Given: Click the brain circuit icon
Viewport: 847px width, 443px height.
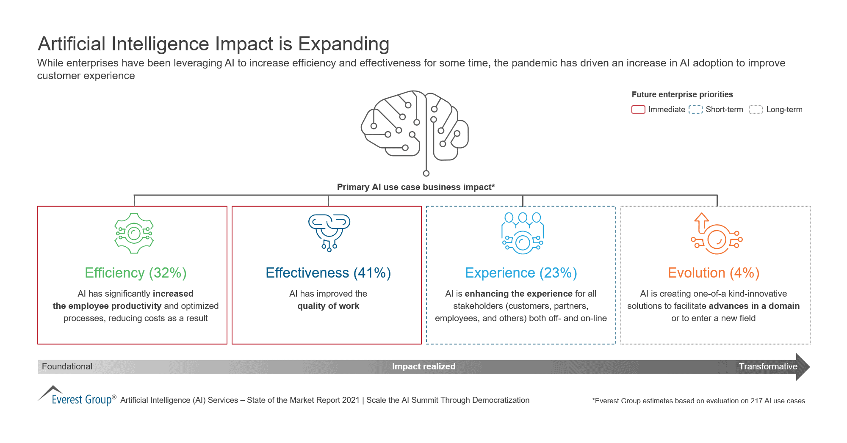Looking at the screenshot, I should (415, 129).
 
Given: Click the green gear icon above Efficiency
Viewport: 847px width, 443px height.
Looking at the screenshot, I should (134, 233).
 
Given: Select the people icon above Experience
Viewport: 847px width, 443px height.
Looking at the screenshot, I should (523, 233).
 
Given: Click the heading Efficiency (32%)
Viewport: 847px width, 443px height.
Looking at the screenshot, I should (136, 273).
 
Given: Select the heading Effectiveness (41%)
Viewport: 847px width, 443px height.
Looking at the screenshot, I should (328, 273).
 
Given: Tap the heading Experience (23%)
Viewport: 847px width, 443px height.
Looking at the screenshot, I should (521, 273).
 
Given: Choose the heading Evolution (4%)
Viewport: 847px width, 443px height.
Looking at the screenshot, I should (714, 273).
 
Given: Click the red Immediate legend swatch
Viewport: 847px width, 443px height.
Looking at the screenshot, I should (638, 110).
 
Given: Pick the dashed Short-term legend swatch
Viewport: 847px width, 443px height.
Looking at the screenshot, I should (695, 110).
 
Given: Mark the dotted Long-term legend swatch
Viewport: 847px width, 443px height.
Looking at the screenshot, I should (756, 110).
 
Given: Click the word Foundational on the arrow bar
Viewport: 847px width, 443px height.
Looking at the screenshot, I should (67, 366).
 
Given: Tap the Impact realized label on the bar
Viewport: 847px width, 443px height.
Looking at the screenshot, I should (423, 366).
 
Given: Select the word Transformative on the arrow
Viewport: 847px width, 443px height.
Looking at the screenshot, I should (768, 366).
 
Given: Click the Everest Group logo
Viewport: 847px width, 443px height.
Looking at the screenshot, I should (76, 397).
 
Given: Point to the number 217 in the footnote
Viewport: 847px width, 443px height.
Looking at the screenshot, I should (756, 401).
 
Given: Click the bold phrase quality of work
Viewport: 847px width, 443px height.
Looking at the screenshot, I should (328, 306).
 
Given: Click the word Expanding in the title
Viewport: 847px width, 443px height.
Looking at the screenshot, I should (343, 44).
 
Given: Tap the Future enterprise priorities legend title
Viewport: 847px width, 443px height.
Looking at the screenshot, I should (682, 94).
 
